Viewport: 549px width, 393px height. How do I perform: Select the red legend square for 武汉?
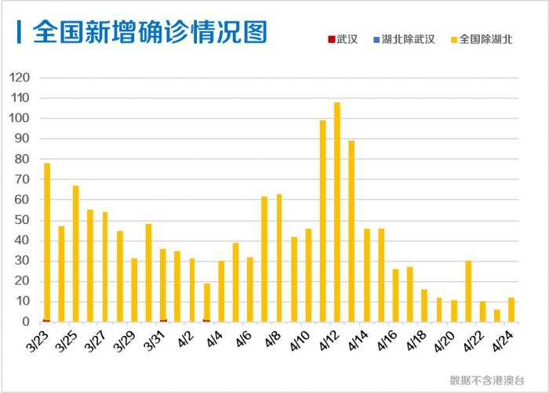coord(330,39)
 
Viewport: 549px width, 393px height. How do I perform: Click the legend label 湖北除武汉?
coord(408,39)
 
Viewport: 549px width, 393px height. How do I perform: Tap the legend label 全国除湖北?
coord(486,39)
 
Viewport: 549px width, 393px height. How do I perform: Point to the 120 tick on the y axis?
coord(20,78)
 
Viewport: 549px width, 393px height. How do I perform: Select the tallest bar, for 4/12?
coord(337,211)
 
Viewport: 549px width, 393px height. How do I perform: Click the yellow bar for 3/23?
coord(47,242)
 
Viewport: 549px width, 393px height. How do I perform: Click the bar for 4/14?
coord(366,275)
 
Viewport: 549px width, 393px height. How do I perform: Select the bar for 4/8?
coord(279,258)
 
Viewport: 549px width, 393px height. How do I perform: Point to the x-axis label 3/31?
coord(156,342)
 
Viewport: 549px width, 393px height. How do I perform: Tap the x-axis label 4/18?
coord(417,342)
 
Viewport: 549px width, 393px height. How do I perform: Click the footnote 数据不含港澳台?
coord(487,380)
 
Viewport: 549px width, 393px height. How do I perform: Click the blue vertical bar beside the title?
coord(18,32)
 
